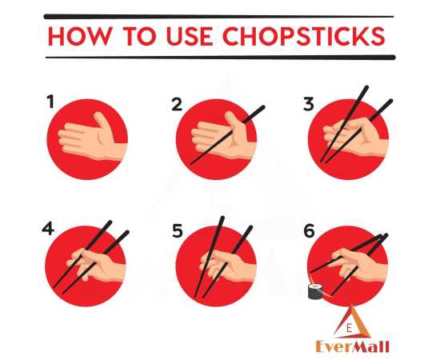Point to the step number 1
[50, 102]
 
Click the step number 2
[178, 102]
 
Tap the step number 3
[308, 102]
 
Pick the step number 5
[178, 231]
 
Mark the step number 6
[309, 230]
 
